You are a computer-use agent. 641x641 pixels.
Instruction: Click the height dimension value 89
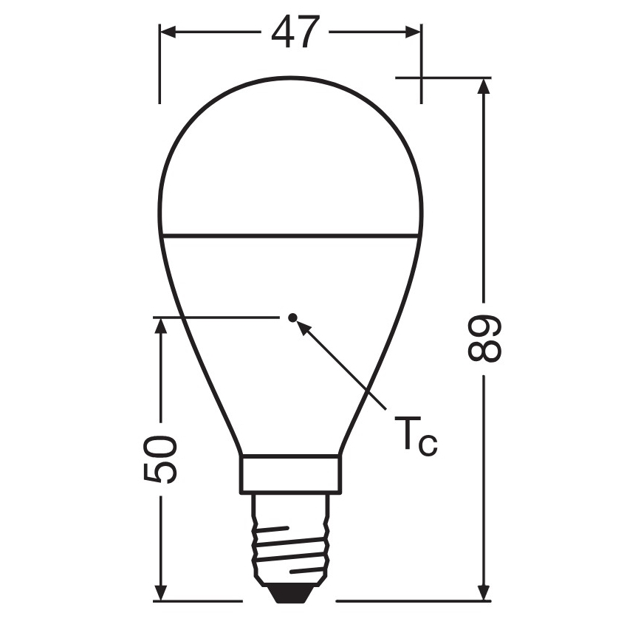click(484, 340)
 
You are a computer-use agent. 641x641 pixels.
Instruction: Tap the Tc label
click(416, 435)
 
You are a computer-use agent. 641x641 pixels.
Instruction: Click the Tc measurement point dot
click(292, 318)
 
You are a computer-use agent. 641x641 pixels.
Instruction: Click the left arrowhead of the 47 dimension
click(167, 32)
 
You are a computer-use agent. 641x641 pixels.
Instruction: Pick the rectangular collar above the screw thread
click(290, 473)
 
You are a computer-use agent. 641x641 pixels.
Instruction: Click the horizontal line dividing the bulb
click(290, 236)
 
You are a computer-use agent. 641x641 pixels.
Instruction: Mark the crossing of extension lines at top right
click(422, 77)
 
